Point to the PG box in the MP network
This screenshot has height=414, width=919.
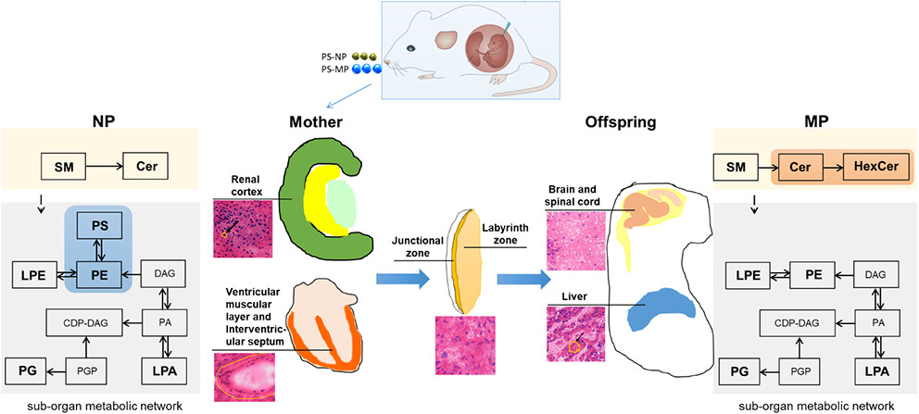[x=737, y=374]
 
